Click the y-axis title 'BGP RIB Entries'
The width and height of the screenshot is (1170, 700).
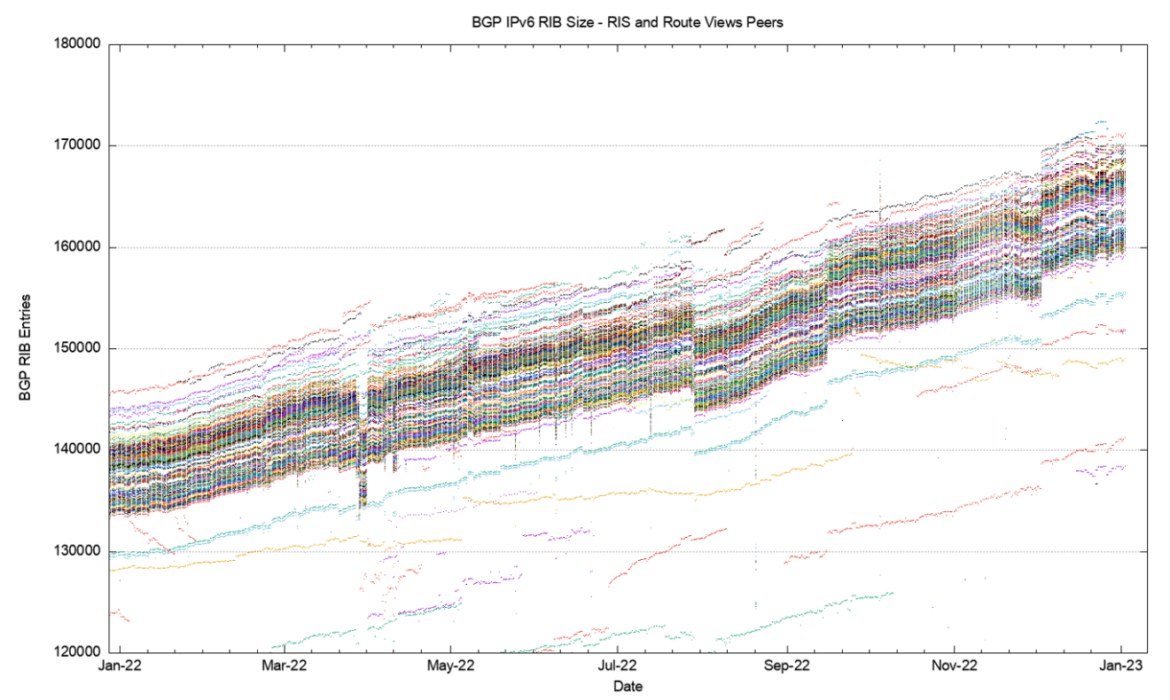pos(26,347)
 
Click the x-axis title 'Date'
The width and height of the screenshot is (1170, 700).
pos(628,687)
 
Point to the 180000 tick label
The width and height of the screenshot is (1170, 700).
pos(77,44)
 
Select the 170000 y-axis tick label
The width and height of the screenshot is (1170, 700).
pos(77,145)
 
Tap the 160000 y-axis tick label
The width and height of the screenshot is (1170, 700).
pos(77,247)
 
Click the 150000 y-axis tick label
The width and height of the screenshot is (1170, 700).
pos(77,348)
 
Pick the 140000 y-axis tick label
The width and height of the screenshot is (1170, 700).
pos(77,450)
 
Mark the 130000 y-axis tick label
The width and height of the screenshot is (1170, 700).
pos(77,551)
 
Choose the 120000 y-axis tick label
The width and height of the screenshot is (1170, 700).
pos(77,653)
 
